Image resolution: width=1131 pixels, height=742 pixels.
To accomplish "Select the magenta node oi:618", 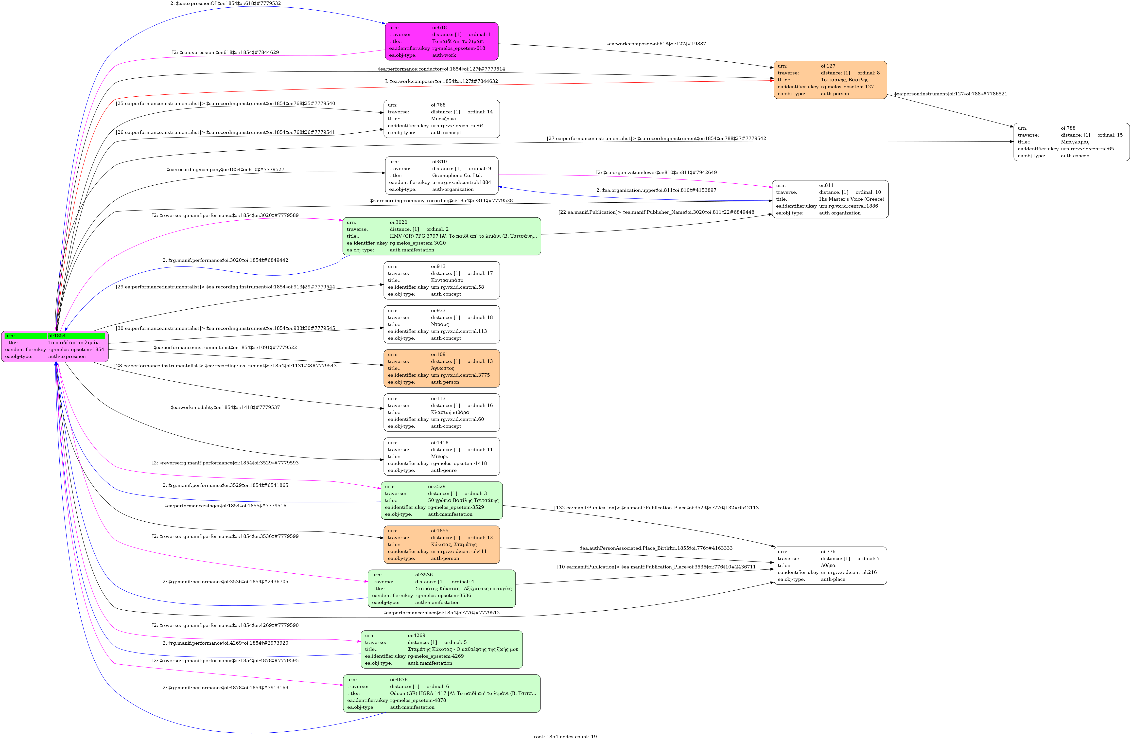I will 441,41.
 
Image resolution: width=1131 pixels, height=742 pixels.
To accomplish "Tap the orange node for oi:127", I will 830,80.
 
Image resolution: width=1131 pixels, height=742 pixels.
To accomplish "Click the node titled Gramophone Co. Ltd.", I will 441,176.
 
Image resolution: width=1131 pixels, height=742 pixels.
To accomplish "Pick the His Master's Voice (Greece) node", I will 830,199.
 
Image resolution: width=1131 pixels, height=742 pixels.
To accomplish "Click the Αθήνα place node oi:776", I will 830,566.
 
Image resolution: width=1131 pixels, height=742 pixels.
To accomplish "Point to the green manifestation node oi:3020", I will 441,236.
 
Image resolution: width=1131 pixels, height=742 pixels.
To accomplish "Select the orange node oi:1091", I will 441,368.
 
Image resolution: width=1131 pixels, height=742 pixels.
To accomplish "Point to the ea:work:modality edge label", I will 225,407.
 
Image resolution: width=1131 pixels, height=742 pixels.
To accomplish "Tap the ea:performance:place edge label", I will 441,613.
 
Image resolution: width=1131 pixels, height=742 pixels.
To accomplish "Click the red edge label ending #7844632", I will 441,81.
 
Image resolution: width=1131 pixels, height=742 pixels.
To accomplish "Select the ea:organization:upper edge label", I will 656,190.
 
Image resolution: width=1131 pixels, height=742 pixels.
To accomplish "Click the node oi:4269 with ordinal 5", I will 441,649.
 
